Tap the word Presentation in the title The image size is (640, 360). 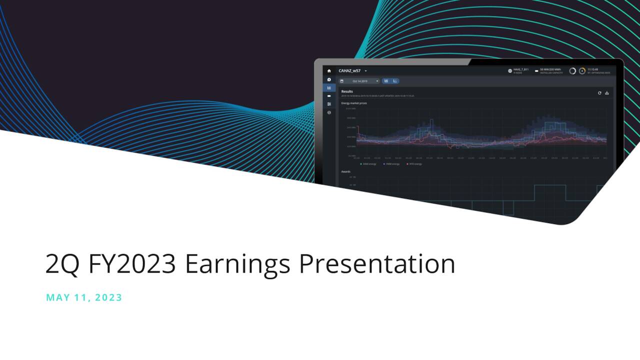377,264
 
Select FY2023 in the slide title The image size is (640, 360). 132,264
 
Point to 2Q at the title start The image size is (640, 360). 62,264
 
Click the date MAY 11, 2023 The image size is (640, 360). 84,297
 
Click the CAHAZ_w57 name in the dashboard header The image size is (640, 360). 349,71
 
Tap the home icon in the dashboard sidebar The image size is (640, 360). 329,71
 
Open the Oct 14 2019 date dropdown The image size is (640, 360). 359,81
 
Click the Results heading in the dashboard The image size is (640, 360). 347,92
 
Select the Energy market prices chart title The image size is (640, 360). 353,103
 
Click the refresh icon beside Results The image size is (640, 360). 599,93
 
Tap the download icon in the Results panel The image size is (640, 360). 607,93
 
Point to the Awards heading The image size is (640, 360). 346,171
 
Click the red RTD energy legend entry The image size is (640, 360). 414,164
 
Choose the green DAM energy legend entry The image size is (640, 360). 368,164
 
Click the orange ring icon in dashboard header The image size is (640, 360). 582,71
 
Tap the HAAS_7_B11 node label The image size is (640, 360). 520,71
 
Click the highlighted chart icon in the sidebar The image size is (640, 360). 329,87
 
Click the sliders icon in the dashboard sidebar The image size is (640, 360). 329,104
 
